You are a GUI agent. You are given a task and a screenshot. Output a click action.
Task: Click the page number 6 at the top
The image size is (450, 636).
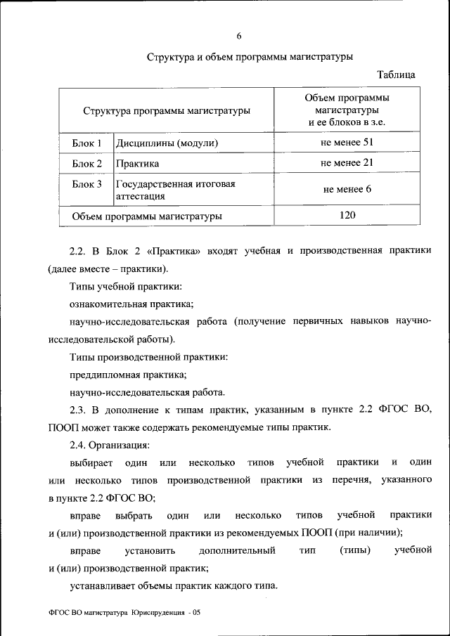(239, 36)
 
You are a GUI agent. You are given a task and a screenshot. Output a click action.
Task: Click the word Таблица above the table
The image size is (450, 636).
(396, 74)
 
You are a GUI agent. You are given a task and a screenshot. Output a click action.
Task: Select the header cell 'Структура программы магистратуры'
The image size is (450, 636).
(167, 110)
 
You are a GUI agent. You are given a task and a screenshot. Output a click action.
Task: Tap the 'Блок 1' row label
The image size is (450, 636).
(87, 143)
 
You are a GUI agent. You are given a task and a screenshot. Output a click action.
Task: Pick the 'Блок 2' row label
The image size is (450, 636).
(87, 164)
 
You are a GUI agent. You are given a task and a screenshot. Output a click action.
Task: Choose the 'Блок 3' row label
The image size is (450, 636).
(87, 184)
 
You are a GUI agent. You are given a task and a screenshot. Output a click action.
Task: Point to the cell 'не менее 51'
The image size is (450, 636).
(346, 143)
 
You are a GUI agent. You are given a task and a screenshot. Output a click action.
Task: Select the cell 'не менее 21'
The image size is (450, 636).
(346, 163)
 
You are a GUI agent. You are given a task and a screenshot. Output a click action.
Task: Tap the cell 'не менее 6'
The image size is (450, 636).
(347, 189)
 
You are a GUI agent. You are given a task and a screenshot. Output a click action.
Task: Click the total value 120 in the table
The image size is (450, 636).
(347, 215)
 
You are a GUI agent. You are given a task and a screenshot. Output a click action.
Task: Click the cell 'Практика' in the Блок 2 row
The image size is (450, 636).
(138, 164)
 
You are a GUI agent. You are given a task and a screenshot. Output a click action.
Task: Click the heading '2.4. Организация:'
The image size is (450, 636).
(109, 444)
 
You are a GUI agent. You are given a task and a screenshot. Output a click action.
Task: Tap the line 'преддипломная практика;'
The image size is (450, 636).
(128, 375)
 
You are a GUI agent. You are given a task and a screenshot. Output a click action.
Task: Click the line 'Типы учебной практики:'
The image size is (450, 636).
(127, 287)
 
